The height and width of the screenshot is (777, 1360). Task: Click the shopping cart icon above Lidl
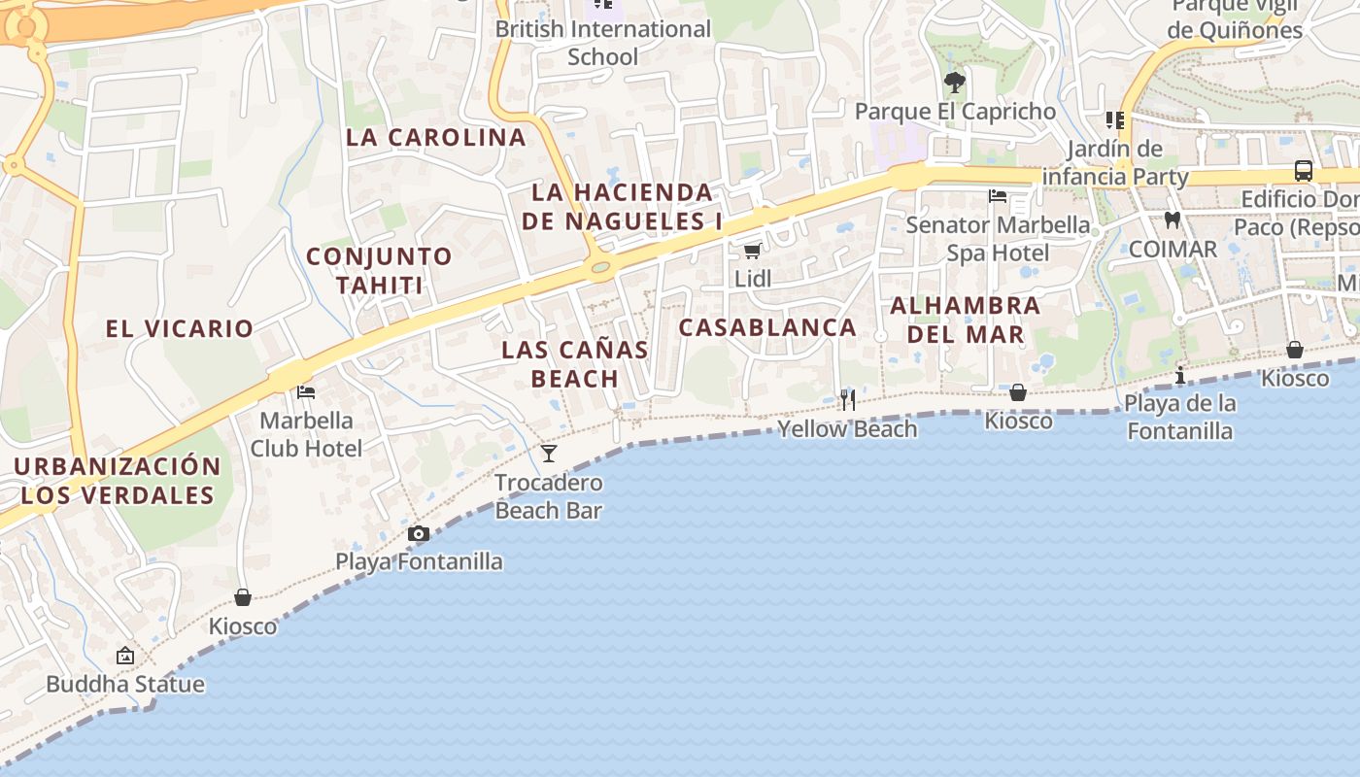pos(751,252)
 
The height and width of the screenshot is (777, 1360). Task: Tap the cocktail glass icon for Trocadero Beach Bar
pos(549,454)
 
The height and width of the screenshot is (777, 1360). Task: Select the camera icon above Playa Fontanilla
pos(419,533)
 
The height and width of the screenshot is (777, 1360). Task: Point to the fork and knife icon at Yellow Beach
pos(848,400)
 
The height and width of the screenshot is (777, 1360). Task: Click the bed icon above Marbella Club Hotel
pos(306,392)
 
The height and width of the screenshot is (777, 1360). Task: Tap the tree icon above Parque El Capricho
pos(955,83)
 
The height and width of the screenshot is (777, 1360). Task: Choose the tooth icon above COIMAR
pos(1173,220)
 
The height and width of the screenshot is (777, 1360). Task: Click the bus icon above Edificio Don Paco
pos(1304,171)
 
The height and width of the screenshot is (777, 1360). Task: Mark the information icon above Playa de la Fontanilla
pos(1180,375)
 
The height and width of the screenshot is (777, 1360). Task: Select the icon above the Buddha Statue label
pos(125,656)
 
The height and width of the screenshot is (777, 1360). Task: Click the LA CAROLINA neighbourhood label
pos(436,137)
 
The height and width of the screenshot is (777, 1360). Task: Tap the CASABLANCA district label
pos(767,327)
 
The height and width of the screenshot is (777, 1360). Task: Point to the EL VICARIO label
pos(180,328)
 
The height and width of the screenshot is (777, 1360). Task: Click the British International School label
pos(603,43)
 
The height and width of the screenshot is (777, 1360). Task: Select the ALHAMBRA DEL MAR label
pos(965,320)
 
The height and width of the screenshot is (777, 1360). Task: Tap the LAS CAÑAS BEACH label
pos(575,364)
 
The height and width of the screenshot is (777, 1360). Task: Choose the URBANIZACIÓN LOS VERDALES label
pos(117,481)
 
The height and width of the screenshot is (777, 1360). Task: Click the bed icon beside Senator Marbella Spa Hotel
pos(998,196)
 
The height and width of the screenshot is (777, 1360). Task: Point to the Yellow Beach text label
pos(847,429)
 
